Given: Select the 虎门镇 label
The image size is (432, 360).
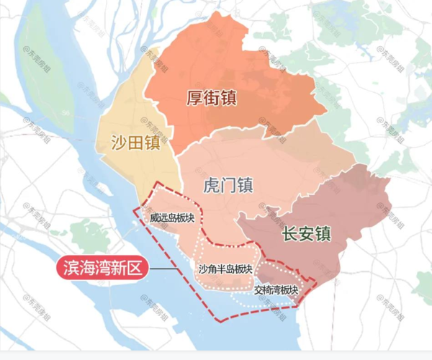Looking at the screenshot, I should (x=225, y=185).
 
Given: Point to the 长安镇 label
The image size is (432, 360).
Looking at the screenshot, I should (x=305, y=234).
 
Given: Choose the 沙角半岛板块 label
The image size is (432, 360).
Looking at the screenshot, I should (x=225, y=270).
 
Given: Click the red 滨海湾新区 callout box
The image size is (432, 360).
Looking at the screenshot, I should (x=102, y=269).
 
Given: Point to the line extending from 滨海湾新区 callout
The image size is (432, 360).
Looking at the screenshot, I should (x=163, y=270).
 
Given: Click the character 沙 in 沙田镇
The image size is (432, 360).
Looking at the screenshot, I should (x=118, y=142).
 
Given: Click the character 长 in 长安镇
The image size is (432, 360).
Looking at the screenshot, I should (x=288, y=234).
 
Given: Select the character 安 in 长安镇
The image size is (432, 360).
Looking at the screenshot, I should (x=305, y=234).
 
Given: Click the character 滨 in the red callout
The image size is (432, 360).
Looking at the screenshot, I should (x=71, y=269).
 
